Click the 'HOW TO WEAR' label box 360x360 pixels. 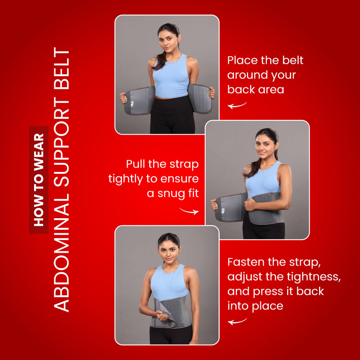coord(38,180)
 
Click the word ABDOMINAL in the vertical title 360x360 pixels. coord(61,253)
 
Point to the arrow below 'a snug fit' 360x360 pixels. coord(189,211)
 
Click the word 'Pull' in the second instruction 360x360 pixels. coord(135,164)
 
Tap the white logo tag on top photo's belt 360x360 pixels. coord(132,104)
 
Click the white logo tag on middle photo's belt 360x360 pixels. coord(223,211)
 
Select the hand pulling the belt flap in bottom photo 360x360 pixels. coord(162,316)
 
